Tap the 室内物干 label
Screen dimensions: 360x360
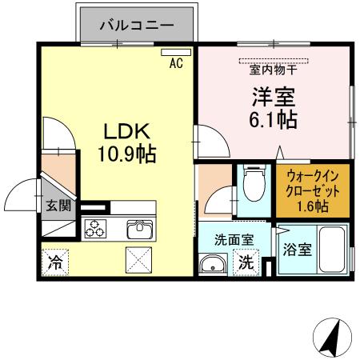coord(274,70)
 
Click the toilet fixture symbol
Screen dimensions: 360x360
coord(254,184)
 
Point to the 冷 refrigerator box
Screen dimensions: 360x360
coord(55,262)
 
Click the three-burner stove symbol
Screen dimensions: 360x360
coord(95,229)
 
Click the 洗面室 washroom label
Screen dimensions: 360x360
coord(234,239)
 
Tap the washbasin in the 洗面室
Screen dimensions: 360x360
coord(214,264)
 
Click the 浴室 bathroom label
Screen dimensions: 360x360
coord(297,248)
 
